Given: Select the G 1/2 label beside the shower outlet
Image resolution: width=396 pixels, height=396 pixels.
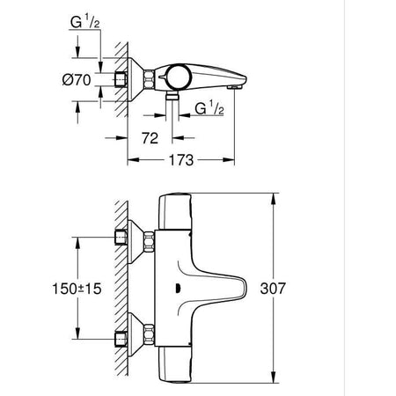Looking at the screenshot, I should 212,110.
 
